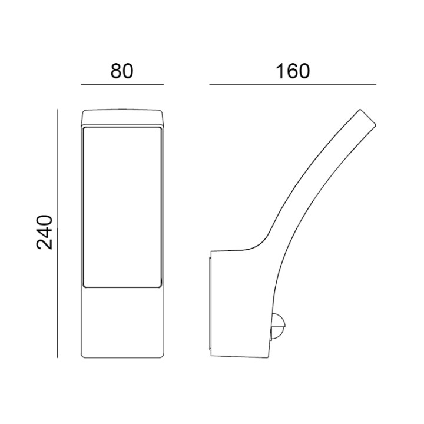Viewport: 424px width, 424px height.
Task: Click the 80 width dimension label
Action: click(x=122, y=71)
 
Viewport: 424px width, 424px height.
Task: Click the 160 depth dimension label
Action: click(x=292, y=71)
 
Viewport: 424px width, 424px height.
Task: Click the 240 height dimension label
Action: click(x=44, y=232)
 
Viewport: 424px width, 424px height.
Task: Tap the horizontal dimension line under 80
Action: click(x=122, y=84)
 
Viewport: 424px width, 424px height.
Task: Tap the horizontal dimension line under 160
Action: click(x=293, y=84)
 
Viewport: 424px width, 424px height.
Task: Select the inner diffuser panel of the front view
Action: click(x=122, y=207)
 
